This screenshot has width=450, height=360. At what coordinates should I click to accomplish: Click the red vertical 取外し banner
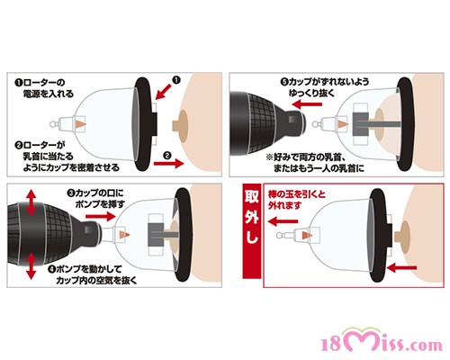pos(252,231)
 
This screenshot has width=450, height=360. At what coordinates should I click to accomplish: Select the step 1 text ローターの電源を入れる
pos(44,88)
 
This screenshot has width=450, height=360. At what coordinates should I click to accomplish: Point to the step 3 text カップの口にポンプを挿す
pos(95,198)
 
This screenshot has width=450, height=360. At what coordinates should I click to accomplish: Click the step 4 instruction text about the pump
pos(93,274)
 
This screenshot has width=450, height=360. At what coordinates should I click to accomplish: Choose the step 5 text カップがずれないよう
pos(325,82)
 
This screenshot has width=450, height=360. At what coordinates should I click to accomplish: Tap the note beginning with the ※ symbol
pos(315,163)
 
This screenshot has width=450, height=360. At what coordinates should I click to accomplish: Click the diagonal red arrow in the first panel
pos(164,92)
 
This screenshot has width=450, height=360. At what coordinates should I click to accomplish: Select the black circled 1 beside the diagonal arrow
pos(176,80)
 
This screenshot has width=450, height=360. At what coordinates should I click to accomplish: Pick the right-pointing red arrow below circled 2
pos(168,164)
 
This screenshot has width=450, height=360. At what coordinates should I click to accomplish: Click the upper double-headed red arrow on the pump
pos(31,202)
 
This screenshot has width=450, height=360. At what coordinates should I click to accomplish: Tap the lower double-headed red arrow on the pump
pos(31,265)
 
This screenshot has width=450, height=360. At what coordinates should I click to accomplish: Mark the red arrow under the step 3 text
pos(101,216)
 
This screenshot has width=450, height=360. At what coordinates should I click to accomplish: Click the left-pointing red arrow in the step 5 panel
pos(307,104)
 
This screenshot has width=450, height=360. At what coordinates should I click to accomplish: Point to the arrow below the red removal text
pos(283,221)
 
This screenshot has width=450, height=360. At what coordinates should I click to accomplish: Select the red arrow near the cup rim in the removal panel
pos(402,267)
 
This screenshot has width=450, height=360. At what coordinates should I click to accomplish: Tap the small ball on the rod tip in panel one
pos(53,124)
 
